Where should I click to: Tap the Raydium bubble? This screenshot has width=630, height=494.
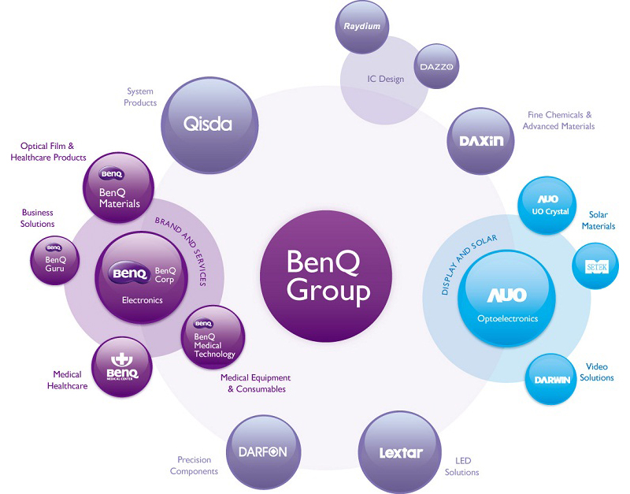[361, 28]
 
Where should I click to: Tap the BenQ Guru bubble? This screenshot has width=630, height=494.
[55, 262]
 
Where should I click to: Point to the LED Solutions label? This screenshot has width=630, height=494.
[461, 466]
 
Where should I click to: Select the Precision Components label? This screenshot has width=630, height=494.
[194, 466]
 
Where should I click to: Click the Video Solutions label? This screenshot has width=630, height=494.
[597, 373]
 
